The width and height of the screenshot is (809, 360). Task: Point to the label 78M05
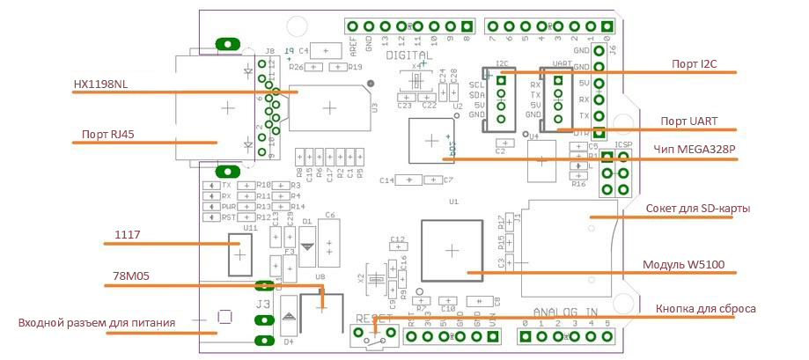[x=131, y=276]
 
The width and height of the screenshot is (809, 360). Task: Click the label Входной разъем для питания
[x=97, y=323]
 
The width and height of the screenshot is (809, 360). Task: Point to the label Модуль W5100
[x=683, y=264]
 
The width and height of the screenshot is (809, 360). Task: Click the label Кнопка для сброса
[x=706, y=308]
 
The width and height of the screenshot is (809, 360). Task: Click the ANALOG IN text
[x=566, y=312]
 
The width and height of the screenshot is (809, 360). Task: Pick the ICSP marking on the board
[x=623, y=143]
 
